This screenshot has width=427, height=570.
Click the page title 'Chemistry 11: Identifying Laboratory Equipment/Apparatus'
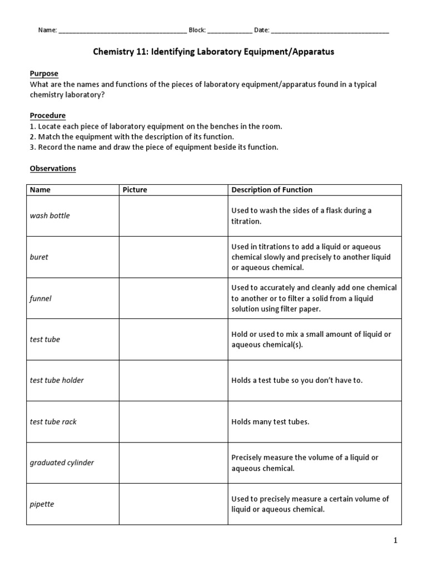213,52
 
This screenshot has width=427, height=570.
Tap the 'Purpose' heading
43,73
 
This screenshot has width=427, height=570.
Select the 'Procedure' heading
47,115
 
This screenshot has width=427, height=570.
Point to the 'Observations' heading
52,168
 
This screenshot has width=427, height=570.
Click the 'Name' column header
40,190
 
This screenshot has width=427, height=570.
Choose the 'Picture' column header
135,190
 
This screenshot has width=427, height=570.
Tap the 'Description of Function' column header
272,190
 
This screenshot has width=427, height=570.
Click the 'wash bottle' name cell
49,215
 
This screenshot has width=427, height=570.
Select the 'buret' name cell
39,257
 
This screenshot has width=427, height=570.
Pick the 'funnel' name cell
40,298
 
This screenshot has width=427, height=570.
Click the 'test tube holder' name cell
57,380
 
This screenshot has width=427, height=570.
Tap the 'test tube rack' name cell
53,421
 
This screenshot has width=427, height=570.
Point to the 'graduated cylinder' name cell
62,463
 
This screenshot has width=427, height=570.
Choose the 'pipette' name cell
42,504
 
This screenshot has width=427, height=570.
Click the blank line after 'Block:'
230,31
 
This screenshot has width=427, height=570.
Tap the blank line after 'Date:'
330,31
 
